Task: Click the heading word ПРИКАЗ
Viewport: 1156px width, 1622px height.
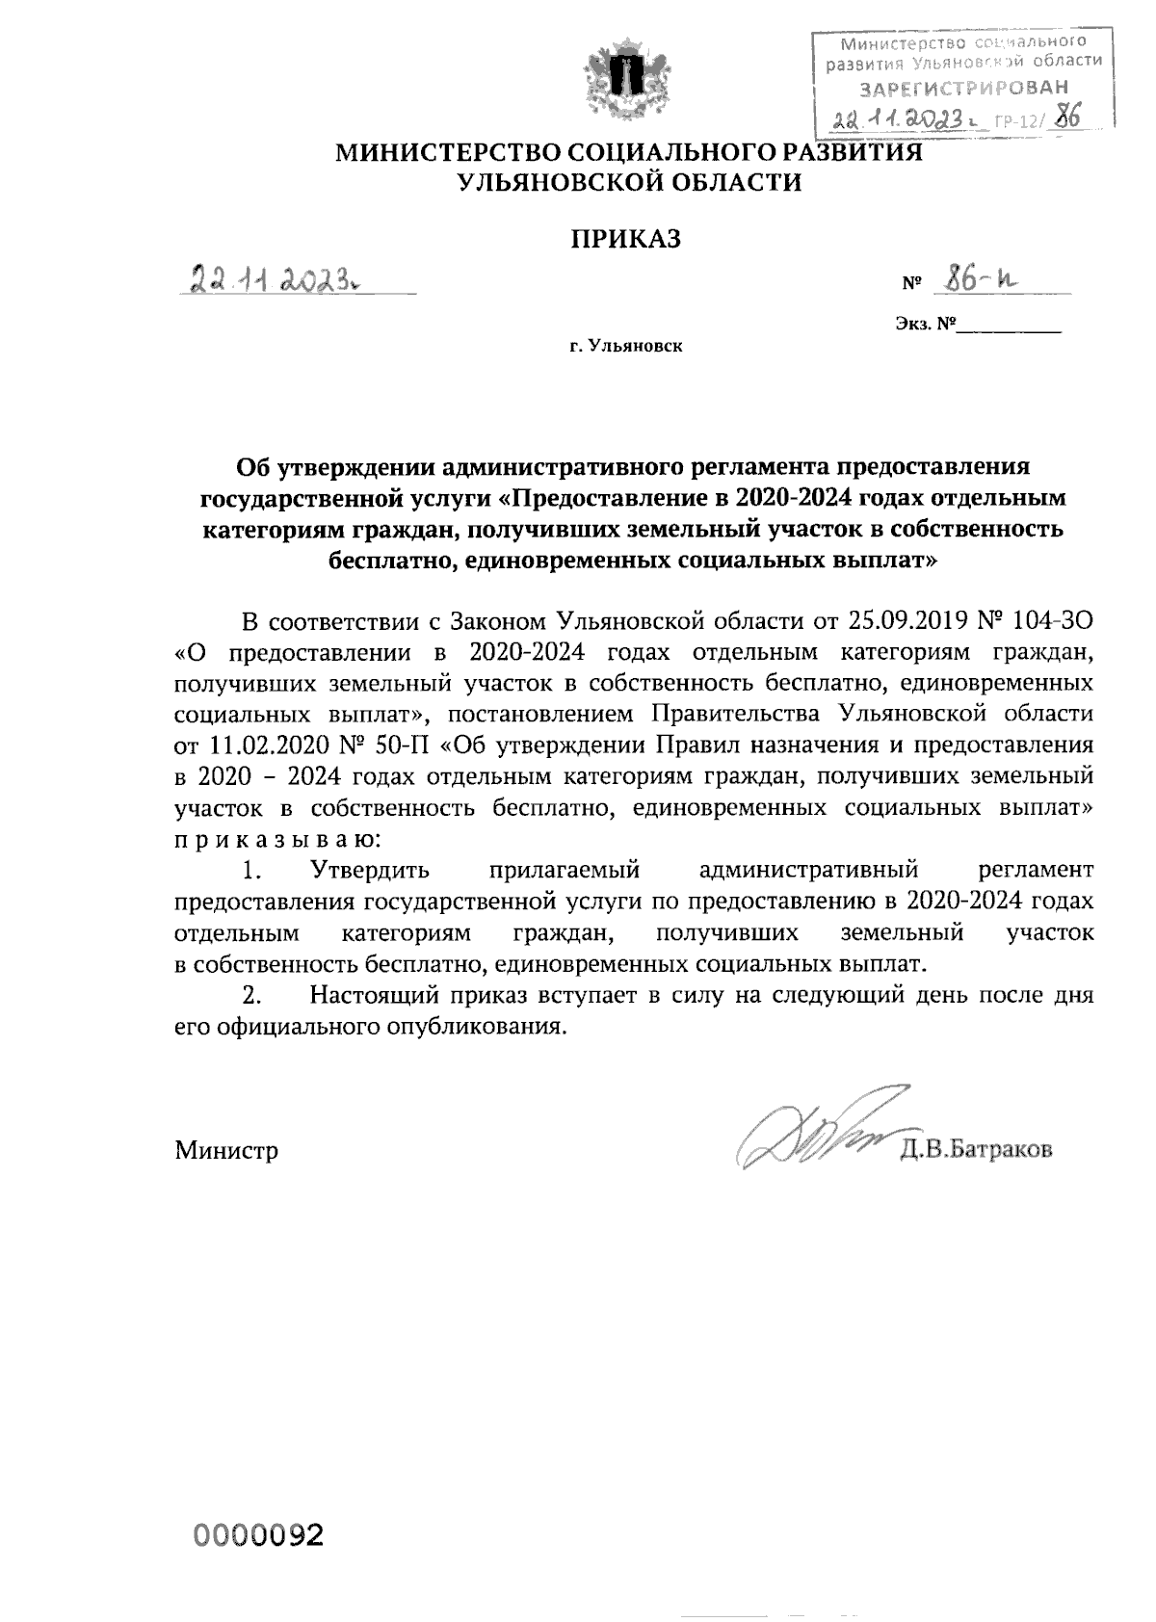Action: point(627,238)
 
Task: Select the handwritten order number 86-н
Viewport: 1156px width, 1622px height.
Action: point(983,278)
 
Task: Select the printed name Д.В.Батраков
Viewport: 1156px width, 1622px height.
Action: point(976,1149)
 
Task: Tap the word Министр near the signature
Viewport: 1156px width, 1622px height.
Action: point(226,1150)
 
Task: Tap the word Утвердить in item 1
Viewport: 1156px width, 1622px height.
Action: point(370,871)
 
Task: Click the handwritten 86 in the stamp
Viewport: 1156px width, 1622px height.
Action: point(1066,118)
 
